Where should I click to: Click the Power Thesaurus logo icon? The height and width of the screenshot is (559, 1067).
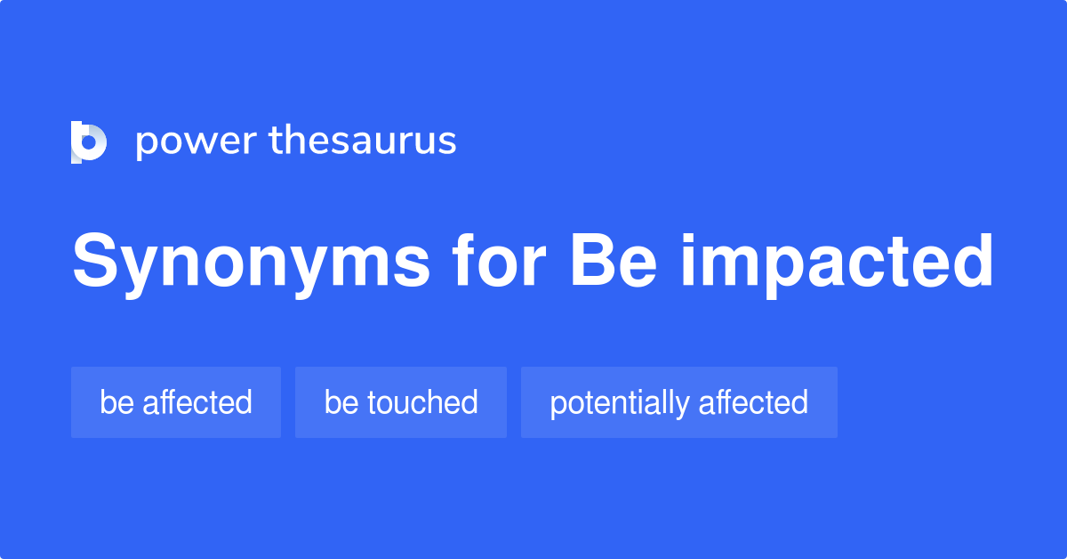(x=89, y=142)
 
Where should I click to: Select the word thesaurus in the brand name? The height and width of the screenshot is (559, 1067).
(x=363, y=142)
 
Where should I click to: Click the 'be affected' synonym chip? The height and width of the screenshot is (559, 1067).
(x=176, y=402)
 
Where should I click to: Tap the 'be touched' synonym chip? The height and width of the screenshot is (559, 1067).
(x=401, y=402)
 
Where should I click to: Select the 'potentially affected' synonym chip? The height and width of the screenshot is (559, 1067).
(x=679, y=402)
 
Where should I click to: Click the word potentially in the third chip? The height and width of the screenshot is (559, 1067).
(x=619, y=402)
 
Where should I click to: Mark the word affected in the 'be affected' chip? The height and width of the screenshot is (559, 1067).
(x=197, y=402)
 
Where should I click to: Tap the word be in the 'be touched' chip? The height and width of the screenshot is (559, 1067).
(x=341, y=402)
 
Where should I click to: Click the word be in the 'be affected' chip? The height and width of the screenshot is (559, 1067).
(x=116, y=402)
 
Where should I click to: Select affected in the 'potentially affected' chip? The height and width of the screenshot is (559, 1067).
(x=753, y=402)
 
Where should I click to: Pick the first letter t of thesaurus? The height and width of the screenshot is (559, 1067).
(x=275, y=142)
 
